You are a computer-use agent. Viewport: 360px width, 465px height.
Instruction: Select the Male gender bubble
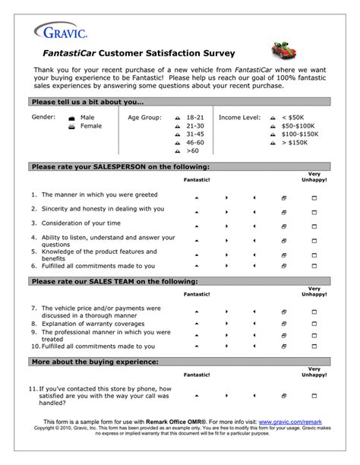tap(71, 119)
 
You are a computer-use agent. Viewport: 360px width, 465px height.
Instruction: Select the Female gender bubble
tap(71, 127)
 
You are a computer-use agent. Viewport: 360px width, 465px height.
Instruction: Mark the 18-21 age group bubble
tap(177, 119)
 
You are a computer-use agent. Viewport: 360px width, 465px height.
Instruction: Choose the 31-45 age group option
tap(177, 134)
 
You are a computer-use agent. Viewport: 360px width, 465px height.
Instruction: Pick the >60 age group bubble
tap(177, 151)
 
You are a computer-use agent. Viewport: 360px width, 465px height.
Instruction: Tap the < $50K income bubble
tap(272, 119)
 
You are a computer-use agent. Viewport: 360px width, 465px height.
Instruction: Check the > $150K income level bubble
tap(272, 143)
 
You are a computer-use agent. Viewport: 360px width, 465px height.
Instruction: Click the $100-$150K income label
tap(300, 134)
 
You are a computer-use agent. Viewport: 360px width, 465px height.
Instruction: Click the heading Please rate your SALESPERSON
tap(121, 166)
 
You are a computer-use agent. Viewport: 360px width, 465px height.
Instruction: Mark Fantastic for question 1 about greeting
tap(197, 196)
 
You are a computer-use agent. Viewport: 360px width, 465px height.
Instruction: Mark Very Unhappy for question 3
tap(314, 225)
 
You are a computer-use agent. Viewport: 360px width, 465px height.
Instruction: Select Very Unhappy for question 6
tap(314, 267)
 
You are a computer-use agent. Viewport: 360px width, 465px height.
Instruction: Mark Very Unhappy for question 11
tap(314, 396)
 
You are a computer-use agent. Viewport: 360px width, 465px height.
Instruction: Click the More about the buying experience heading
tap(96, 362)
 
